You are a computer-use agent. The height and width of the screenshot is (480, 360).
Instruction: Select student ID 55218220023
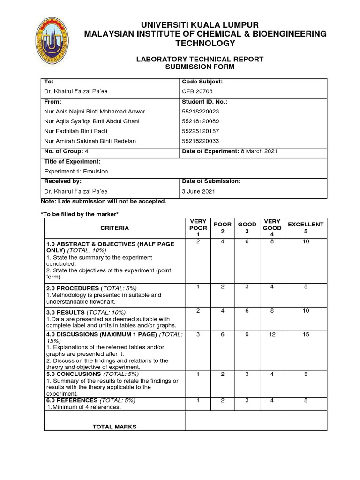coord(200,112)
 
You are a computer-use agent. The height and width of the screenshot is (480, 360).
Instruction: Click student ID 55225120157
coord(200,131)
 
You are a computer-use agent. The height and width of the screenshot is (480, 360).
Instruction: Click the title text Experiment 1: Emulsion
coord(76,172)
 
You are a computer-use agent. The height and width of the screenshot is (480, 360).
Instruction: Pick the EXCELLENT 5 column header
coord(306,228)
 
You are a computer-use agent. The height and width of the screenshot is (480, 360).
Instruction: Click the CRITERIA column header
coord(114,228)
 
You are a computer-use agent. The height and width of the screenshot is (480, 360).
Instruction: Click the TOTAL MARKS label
coord(114,427)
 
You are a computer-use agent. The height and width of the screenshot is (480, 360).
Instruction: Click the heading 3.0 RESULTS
coord(65,312)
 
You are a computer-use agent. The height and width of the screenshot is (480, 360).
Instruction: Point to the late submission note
coord(104,201)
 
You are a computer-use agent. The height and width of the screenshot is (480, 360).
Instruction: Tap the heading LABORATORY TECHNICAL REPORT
coord(199,59)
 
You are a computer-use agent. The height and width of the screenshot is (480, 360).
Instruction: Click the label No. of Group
coord(62,151)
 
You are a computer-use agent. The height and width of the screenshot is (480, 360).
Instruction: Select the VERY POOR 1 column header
coord(198,228)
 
